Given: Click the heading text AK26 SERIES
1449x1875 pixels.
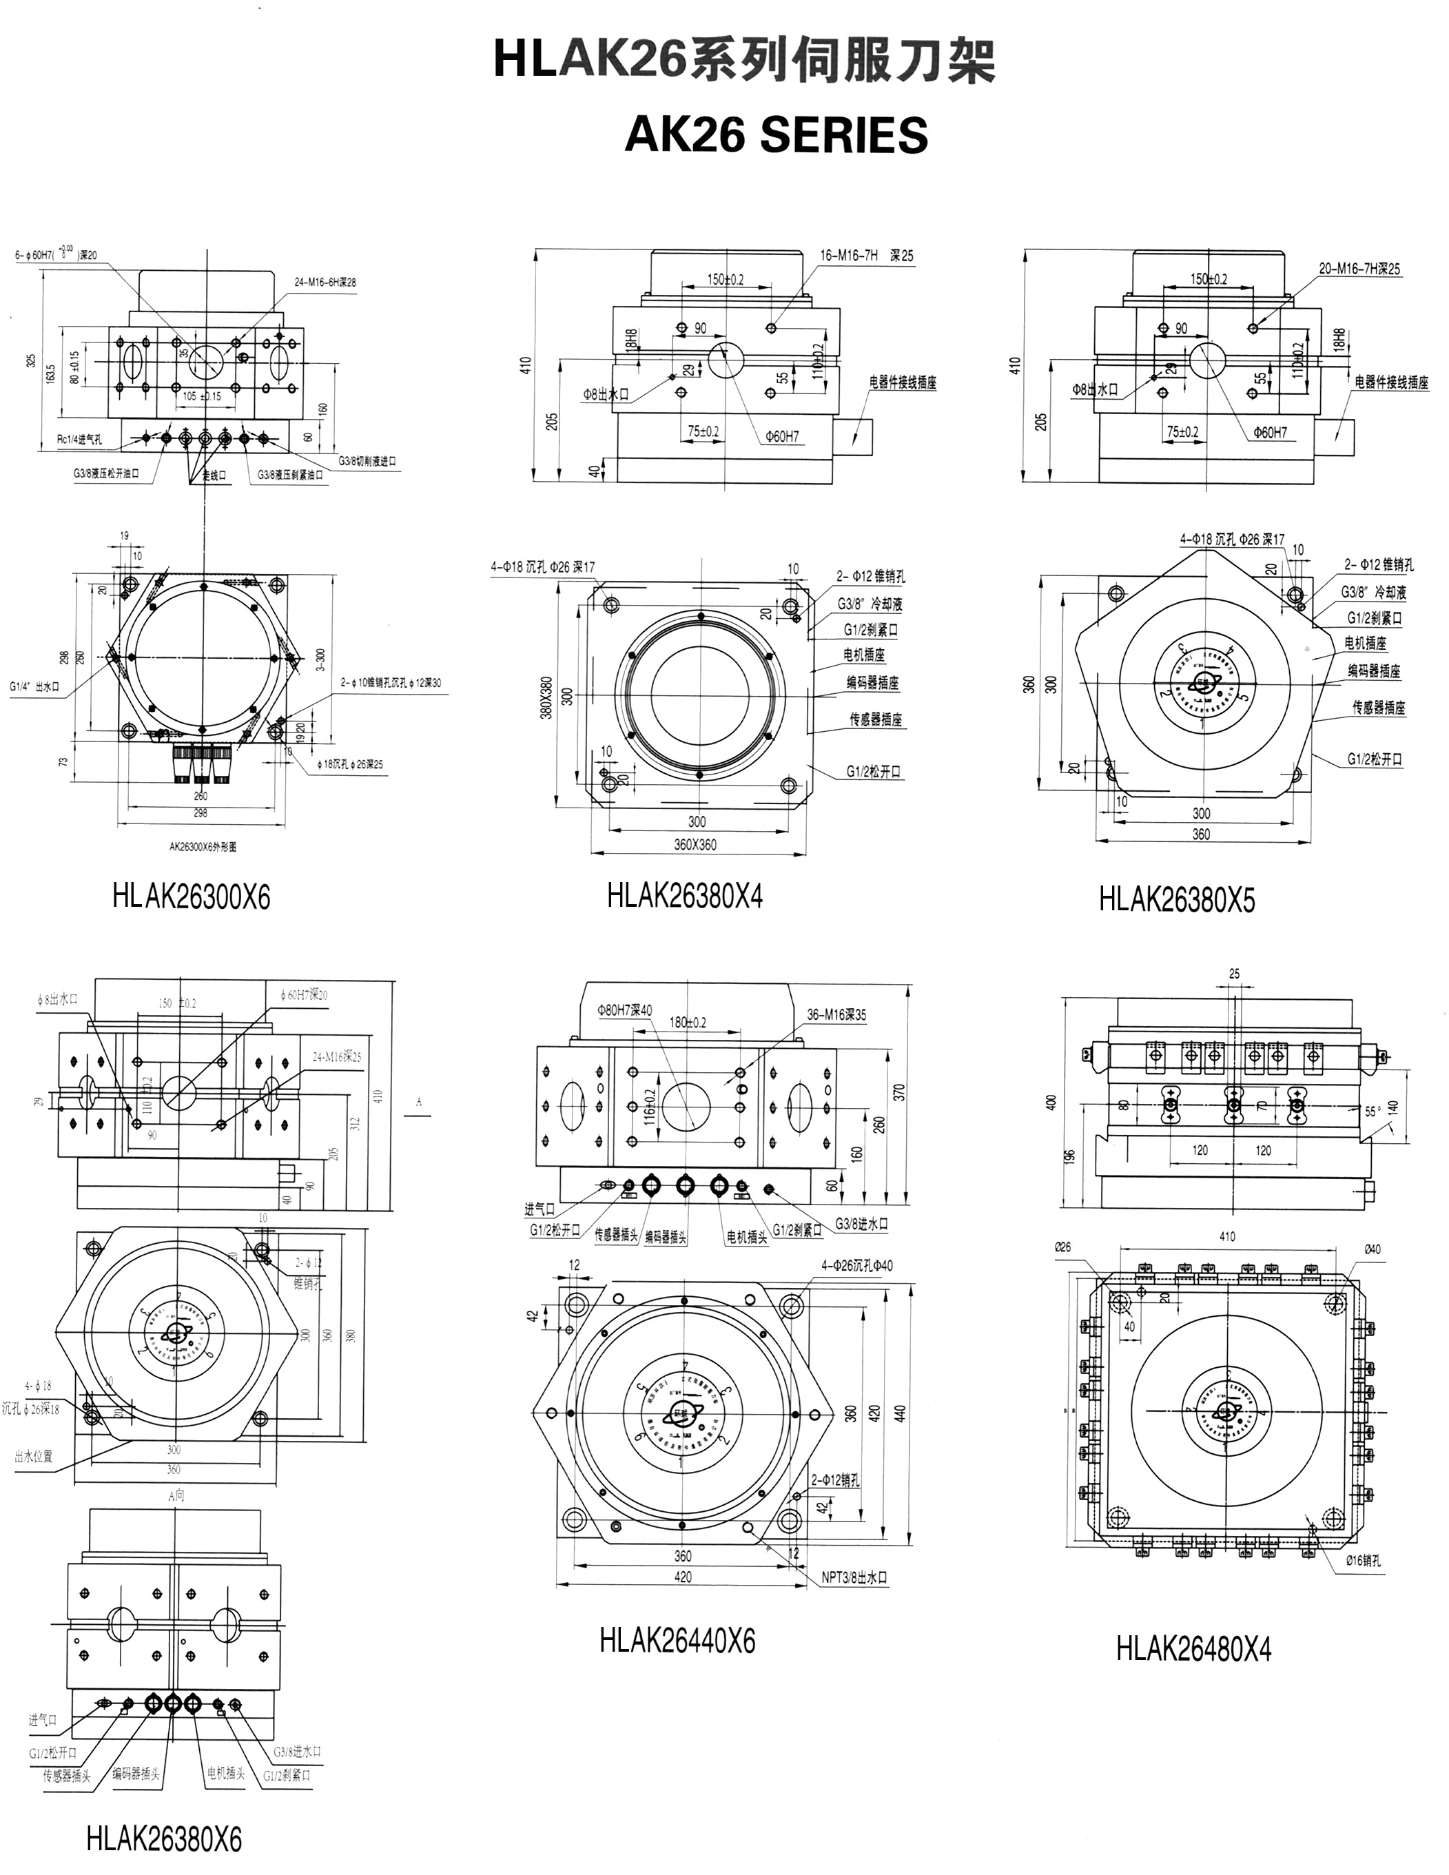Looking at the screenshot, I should [776, 135].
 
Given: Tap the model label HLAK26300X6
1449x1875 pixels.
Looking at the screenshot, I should [191, 897].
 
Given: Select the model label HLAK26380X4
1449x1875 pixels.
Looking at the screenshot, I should [684, 895].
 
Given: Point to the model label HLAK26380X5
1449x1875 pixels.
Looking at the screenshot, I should [1177, 900].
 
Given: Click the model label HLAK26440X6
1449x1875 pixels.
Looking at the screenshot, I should [677, 1641].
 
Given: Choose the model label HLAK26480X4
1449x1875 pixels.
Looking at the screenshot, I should [1193, 1649].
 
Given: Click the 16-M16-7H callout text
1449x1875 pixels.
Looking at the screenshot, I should [849, 256].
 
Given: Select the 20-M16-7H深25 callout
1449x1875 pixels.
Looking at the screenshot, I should [1359, 269].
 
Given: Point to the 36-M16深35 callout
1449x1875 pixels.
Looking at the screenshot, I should [836, 1015].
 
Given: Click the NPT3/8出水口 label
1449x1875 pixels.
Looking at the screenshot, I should [854, 1578].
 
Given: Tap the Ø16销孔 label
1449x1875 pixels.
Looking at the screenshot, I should [1363, 1561].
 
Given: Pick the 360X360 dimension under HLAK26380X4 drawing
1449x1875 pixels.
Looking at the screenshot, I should [695, 844].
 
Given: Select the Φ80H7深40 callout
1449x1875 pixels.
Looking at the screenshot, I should [624, 1010].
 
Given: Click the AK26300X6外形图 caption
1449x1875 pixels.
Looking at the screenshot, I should [203, 846].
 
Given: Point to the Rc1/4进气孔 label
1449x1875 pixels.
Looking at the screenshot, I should [80, 440].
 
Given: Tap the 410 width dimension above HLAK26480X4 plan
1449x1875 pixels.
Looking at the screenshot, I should [1226, 1236].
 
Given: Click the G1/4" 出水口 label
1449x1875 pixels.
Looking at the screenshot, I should [35, 686].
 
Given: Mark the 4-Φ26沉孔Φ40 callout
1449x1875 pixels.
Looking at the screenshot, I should [856, 1265].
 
